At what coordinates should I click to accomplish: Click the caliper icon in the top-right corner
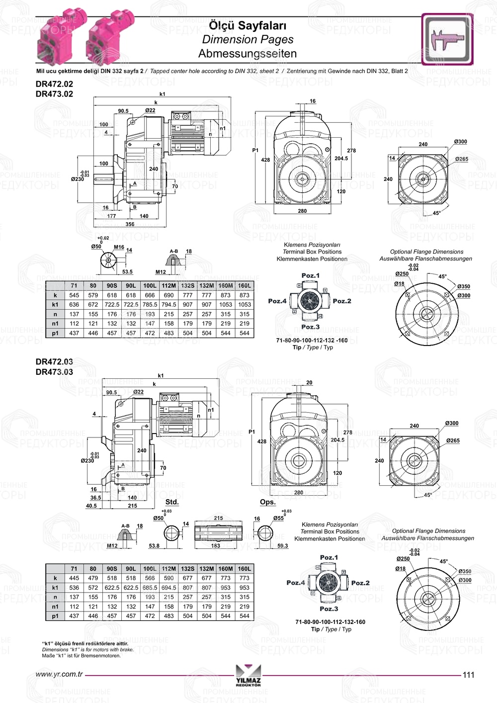coord(447,39)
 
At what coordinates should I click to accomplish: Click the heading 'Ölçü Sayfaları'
coord(248,25)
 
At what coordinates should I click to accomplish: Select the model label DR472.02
coord(54,85)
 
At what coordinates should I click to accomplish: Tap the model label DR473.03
coord(54,372)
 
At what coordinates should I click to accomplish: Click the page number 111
coord(468,675)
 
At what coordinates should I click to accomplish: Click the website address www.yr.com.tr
coord(59,675)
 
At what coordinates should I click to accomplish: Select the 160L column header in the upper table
coord(245,286)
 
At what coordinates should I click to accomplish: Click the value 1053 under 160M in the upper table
coord(226,305)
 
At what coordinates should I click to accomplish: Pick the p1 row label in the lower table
coord(55,616)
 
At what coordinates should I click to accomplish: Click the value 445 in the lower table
coord(74,578)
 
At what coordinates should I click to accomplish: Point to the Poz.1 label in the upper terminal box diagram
coord(311,275)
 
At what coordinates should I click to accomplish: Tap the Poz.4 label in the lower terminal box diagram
coord(296,583)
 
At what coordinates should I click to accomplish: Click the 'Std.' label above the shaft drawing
coord(172,502)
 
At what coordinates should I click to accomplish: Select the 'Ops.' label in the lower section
coord(268,502)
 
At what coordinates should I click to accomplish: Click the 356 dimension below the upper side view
coord(130,224)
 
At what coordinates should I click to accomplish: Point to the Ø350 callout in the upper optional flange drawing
coord(464,286)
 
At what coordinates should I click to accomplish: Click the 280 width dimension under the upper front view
coord(302,211)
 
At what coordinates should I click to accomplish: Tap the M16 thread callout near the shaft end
coord(119,247)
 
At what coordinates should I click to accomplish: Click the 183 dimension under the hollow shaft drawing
coord(216,545)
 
